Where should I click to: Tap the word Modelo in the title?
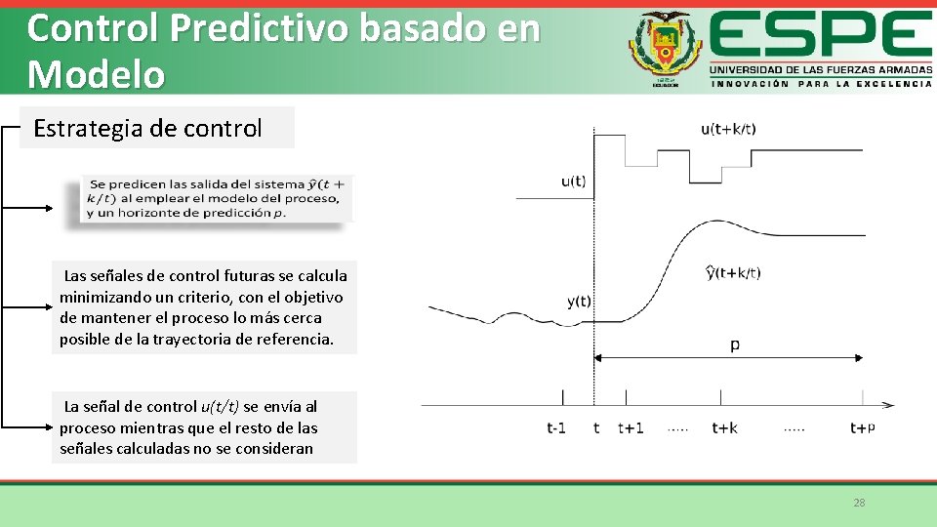(x=96, y=73)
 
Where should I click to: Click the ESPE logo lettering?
(x=820, y=36)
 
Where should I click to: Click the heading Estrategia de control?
(x=147, y=128)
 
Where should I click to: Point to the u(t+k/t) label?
(x=728, y=129)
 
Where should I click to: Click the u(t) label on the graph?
(x=574, y=181)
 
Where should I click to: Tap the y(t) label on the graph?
(x=578, y=302)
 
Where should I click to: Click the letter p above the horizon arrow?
(x=735, y=345)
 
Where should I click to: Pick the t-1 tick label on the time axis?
(x=556, y=427)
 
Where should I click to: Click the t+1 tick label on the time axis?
(x=631, y=427)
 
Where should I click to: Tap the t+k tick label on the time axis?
(x=724, y=427)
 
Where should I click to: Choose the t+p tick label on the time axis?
(x=862, y=427)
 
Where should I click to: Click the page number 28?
(x=859, y=503)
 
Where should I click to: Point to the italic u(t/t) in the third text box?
(x=221, y=406)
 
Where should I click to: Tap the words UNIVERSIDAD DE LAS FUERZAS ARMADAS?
(x=820, y=70)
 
